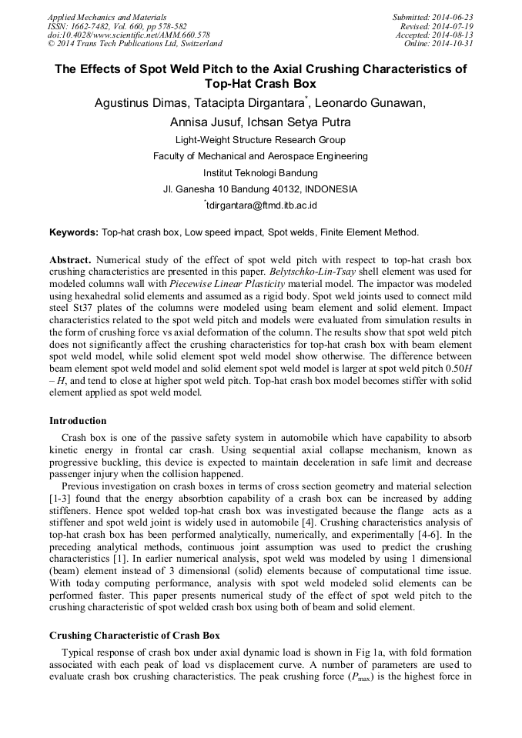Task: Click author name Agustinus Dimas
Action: pyautogui.click(x=136, y=103)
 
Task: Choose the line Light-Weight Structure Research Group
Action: pyautogui.click(x=260, y=140)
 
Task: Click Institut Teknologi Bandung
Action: pyautogui.click(x=260, y=172)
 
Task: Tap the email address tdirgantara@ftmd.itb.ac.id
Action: pyautogui.click(x=261, y=205)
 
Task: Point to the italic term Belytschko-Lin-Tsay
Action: pyautogui.click(x=316, y=272)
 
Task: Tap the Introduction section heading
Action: pyautogui.click(x=78, y=421)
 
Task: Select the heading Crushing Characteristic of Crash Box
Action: pyautogui.click(x=134, y=636)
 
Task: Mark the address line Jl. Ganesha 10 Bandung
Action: pyautogui.click(x=260, y=189)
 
